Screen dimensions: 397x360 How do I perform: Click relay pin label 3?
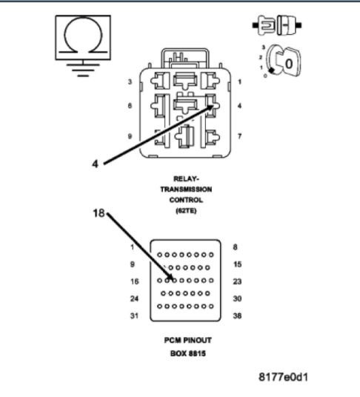(130, 81)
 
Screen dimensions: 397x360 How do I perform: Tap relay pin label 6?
(130, 106)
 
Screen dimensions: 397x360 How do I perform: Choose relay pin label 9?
(130, 136)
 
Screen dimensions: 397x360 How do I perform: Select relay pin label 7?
(239, 136)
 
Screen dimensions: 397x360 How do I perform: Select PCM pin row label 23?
(236, 281)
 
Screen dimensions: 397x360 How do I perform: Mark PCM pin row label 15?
(236, 264)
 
